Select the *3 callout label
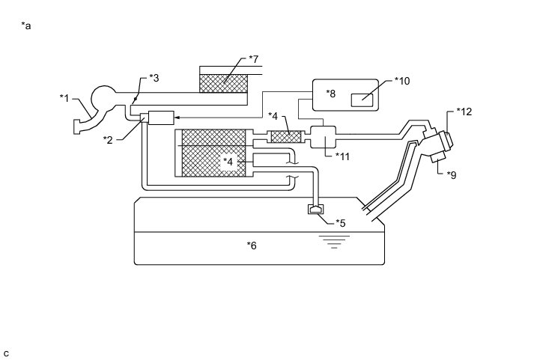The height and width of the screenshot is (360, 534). (154, 77)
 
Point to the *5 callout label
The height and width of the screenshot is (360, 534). (340, 222)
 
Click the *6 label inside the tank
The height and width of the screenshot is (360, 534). (252, 244)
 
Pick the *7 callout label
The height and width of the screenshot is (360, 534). (253, 58)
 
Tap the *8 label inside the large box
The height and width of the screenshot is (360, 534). (332, 94)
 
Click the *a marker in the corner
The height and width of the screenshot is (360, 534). (27, 25)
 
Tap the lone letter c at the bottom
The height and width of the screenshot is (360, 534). (6, 353)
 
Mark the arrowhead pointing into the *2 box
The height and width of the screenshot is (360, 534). (178, 118)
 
